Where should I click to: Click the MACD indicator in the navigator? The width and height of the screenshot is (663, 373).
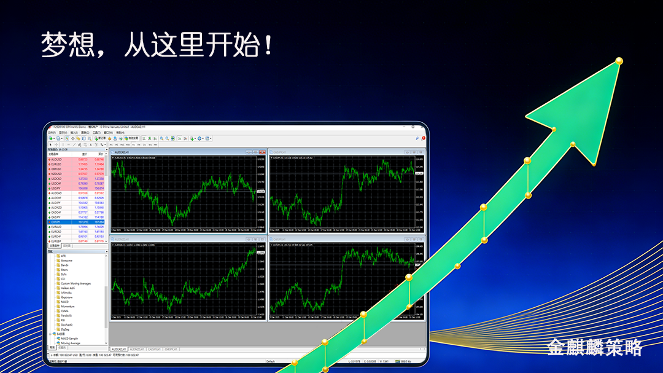tap(64, 302)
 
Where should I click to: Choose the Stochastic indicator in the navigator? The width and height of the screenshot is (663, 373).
tap(67, 324)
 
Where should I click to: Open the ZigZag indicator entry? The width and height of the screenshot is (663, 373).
tap(65, 329)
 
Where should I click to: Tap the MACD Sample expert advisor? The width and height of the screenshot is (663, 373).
tap(69, 339)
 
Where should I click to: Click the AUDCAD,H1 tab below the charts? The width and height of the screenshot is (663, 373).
tap(118, 349)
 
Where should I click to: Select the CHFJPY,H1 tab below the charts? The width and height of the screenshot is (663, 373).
tap(172, 349)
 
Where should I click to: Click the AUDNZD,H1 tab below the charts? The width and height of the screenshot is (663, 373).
tap(137, 349)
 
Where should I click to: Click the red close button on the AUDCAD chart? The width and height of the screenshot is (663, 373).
tap(265, 151)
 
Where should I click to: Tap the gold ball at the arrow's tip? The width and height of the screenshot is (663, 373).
tap(619, 61)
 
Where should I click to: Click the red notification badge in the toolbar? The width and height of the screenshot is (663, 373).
tap(424, 138)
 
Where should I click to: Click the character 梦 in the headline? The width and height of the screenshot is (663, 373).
tap(54, 45)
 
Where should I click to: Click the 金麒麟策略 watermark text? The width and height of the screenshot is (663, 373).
tap(594, 347)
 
